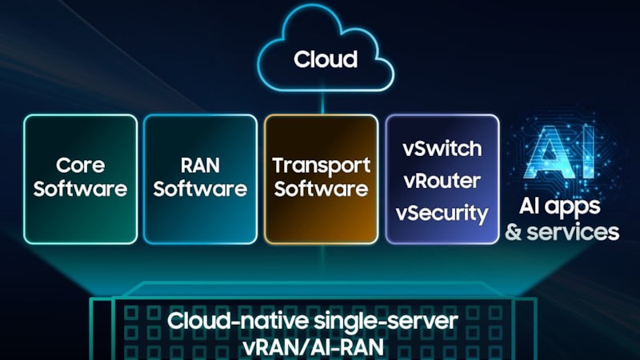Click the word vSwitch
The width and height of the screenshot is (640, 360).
pos(442,148)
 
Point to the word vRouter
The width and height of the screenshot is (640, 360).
pos(442,181)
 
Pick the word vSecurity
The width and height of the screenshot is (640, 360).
pos(442,214)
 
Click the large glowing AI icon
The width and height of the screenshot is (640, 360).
pos(563,154)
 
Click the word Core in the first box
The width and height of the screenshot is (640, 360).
pos(80,166)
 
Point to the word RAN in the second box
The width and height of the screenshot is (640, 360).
pos(200,166)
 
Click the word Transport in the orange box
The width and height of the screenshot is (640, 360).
pos(321,166)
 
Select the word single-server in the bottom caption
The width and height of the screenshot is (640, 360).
pos(385,322)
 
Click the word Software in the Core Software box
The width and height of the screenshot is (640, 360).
pos(80,190)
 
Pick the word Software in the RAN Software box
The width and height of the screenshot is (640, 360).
pos(200,190)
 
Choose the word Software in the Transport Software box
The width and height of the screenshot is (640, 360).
pos(321,190)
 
